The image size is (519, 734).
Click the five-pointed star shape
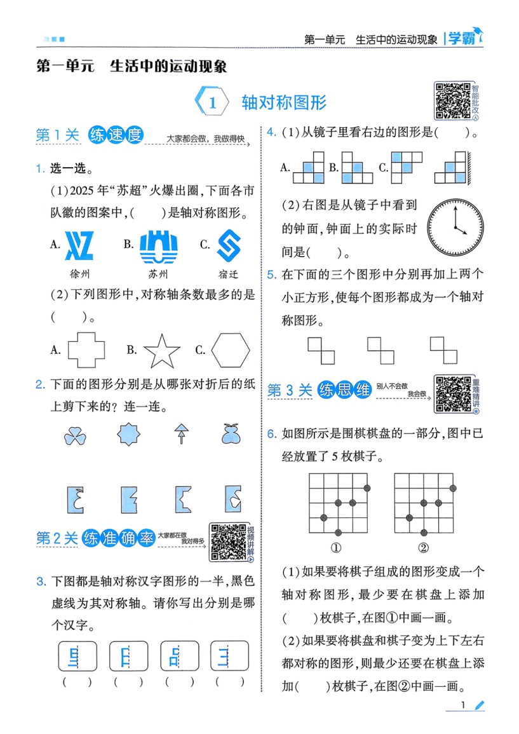point(161,351)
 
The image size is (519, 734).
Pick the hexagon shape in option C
point(231,350)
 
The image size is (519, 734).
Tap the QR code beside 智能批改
point(451,101)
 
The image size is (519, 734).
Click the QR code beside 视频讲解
point(227,542)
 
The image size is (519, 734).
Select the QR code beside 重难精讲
point(452,393)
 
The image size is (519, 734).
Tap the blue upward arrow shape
point(181,433)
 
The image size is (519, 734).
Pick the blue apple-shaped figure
point(231,433)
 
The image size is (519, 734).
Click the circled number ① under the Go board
point(337,548)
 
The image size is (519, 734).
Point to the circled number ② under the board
point(423,548)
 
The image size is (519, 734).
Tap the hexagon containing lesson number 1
point(213,102)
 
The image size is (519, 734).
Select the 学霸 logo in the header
point(464,38)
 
